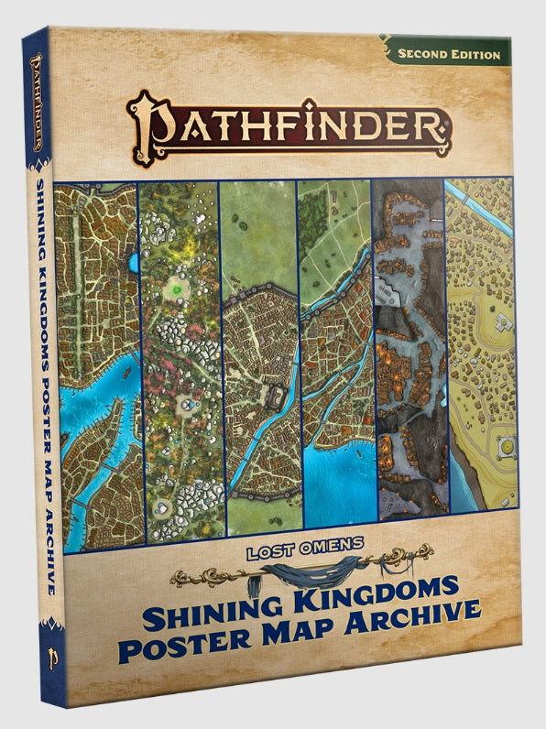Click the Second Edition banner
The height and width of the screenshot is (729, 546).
tap(449, 54)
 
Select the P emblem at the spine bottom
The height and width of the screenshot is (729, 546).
tap(40, 658)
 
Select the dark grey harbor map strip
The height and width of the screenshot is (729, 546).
tap(409, 366)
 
